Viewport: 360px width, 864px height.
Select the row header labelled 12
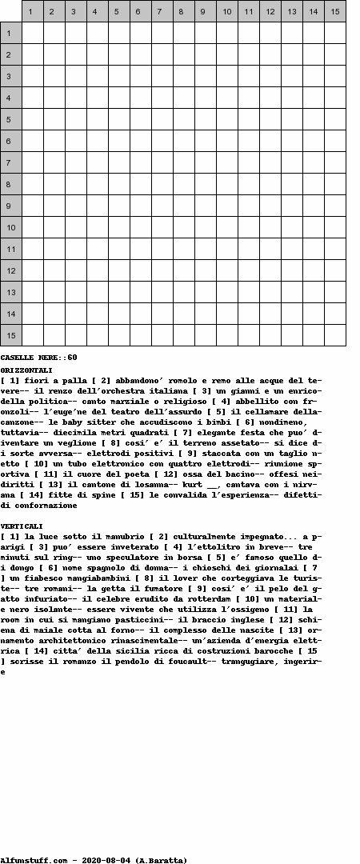(x=10, y=270)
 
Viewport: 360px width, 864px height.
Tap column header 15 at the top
(x=334, y=11)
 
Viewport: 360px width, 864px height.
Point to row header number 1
(x=10, y=33)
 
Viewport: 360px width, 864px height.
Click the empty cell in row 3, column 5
(x=119, y=76)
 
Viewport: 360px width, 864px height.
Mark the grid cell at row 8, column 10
(x=227, y=184)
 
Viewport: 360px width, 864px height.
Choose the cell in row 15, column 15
(x=334, y=335)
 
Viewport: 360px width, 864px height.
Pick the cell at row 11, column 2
(x=54, y=249)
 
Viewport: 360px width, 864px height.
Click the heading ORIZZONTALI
(x=26, y=370)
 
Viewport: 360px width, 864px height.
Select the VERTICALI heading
(x=22, y=526)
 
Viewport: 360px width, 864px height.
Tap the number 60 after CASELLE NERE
(x=72, y=358)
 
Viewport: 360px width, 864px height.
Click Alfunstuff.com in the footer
(x=34, y=860)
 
